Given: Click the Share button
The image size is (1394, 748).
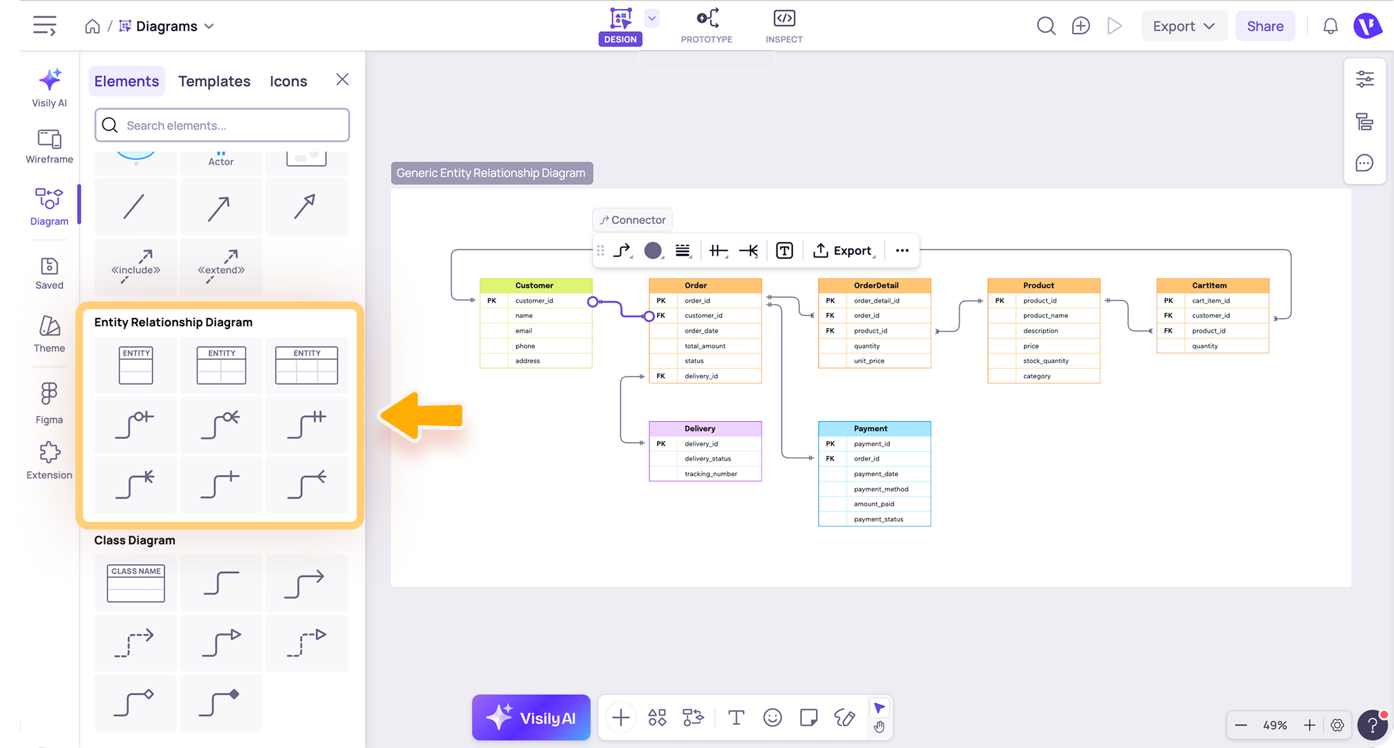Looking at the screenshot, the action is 1264,26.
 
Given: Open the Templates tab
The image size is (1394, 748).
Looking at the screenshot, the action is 214,81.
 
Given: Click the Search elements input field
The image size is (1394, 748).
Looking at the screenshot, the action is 222,125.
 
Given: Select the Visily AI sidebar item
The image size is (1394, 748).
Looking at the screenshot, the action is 49,88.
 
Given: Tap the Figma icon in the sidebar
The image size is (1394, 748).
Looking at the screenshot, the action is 49,394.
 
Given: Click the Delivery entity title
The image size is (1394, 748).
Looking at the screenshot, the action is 700,429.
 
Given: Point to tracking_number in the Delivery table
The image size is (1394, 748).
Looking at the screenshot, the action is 710,474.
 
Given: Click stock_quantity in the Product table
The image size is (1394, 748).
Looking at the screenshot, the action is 1045,361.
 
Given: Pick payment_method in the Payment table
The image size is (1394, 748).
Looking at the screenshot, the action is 881,489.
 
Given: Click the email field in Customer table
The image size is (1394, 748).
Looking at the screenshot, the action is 523,331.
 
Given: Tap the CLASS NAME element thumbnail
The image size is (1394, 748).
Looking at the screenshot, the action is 135,583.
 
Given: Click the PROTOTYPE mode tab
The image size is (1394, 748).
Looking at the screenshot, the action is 707,26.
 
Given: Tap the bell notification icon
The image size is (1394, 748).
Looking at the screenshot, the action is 1330,26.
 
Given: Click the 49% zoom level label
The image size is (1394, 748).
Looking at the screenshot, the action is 1274,725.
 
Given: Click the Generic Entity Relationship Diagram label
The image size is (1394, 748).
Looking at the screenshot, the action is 491,173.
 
